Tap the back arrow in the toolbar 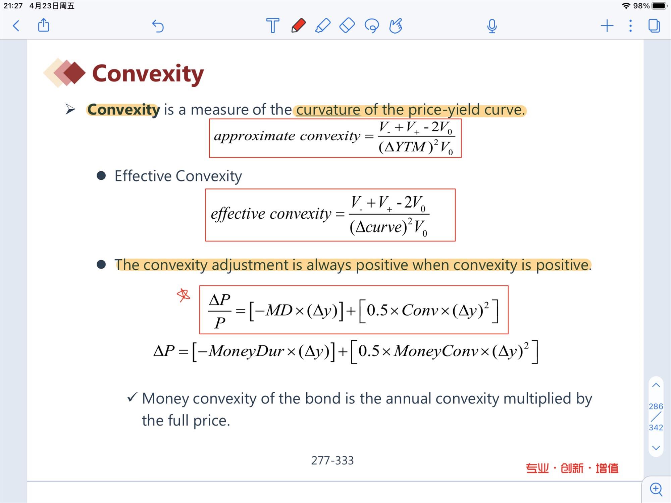click(x=16, y=26)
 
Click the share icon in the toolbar click(x=44, y=25)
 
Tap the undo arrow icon click(x=158, y=26)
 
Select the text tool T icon click(x=272, y=25)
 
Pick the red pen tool click(x=298, y=25)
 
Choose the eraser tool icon click(x=347, y=25)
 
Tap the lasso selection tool click(x=372, y=26)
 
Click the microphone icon click(x=492, y=26)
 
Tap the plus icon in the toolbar click(x=607, y=26)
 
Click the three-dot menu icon click(x=630, y=26)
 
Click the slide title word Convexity click(x=148, y=74)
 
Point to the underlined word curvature click(x=328, y=110)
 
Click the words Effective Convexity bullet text click(x=178, y=176)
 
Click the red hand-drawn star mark click(x=183, y=295)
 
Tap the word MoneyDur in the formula click(x=246, y=351)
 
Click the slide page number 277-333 click(x=332, y=460)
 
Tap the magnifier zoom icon click(x=656, y=489)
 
